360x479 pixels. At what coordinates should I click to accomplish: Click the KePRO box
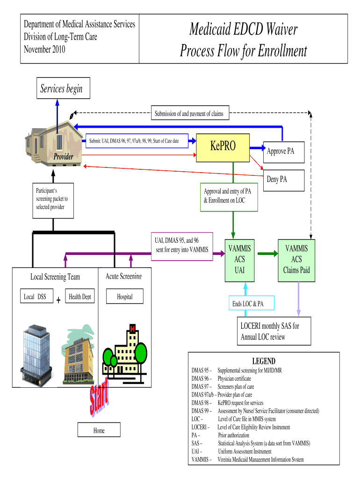[x=223, y=147]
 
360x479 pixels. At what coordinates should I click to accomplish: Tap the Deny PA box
[x=277, y=179]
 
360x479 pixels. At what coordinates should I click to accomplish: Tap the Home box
[x=99, y=430]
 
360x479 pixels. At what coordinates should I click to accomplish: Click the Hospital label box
[x=124, y=297]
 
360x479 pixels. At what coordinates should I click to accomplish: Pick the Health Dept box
[x=79, y=297]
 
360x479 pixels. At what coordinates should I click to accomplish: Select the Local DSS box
[x=36, y=297]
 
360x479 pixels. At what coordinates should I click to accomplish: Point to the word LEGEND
[x=264, y=361]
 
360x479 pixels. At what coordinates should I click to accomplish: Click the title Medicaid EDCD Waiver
[x=243, y=30]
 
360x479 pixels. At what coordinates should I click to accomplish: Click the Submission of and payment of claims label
[x=189, y=113]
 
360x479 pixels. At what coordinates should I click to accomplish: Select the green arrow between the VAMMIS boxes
[x=267, y=254]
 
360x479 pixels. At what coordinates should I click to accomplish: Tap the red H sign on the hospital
[x=133, y=329]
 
